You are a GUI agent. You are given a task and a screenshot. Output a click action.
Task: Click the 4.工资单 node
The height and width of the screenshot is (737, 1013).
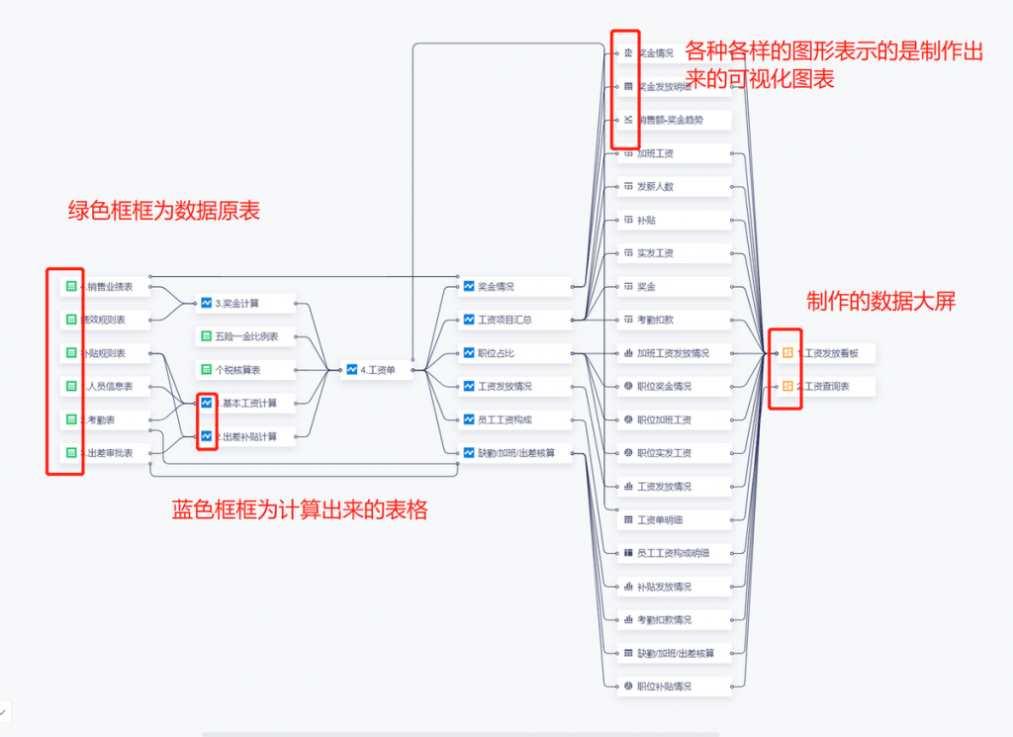coord(377,370)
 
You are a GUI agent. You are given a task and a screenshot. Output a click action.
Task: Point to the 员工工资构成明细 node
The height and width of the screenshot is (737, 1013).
coord(674,553)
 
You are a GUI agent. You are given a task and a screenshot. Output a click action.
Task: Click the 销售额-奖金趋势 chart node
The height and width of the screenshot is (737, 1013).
coord(674,120)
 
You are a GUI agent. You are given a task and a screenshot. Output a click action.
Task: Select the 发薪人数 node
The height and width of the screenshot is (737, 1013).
coord(674,186)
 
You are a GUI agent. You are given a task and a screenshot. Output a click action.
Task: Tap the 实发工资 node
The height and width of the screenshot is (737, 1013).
coord(674,252)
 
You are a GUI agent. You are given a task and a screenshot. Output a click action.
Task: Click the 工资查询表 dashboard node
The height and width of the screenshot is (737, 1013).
coord(825,386)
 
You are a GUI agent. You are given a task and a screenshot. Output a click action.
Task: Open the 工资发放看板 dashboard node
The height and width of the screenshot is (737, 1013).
coord(825,352)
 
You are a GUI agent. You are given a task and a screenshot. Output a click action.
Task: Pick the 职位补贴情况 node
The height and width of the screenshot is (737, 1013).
coord(674,687)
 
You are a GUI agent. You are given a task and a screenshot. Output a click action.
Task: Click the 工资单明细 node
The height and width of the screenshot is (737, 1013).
coord(674,519)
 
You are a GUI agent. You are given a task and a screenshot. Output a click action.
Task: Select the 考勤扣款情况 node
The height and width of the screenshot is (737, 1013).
coord(674,620)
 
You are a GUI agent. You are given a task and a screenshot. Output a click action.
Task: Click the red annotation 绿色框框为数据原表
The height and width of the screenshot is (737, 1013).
coord(163,211)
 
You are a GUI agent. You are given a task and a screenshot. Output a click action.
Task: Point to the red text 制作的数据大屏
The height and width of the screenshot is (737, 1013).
coord(880,302)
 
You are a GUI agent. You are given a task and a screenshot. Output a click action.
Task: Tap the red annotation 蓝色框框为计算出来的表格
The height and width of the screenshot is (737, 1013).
coord(300,510)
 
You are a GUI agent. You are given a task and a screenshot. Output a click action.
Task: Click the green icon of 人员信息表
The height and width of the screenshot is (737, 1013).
coord(71,386)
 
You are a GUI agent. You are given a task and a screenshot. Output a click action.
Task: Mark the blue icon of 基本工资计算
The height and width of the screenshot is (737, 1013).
coord(207,403)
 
